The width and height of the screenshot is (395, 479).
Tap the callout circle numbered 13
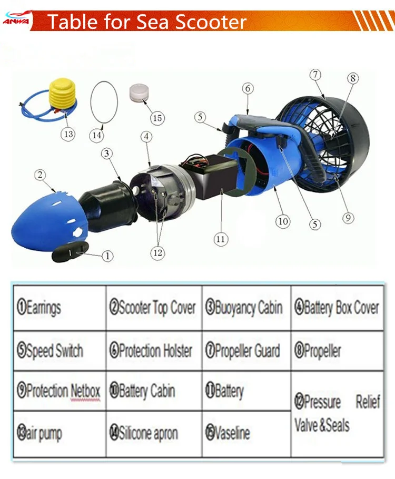[68, 134]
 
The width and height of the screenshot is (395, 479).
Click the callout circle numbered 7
[315, 74]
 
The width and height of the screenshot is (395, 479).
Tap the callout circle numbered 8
[352, 78]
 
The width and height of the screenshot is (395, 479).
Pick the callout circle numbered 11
[221, 239]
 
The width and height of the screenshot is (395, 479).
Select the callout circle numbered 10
[283, 221]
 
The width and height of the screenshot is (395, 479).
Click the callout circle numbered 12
[157, 252]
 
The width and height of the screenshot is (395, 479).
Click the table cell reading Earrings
[59, 308]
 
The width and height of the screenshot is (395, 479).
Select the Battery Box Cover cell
[336, 308]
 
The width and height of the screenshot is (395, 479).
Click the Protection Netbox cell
[59, 391]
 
